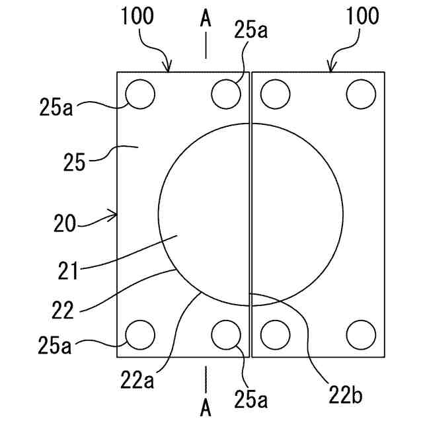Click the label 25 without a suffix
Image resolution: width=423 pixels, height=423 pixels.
(74, 161)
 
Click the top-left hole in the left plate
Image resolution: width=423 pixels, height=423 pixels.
(140, 95)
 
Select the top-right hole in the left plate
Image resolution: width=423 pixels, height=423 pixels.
(226, 94)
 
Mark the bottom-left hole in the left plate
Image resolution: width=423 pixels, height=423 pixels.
(140, 334)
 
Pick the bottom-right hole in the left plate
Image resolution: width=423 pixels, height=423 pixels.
(226, 334)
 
